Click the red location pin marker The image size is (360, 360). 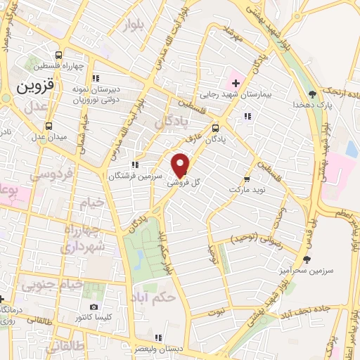pyautogui.click(x=181, y=165)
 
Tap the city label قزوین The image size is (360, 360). pyautogui.click(x=34, y=89)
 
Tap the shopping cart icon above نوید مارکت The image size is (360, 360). pyautogui.click(x=246, y=179)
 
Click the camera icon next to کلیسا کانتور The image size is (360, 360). pyautogui.click(x=94, y=308)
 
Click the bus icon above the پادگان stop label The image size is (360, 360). pyautogui.click(x=215, y=128)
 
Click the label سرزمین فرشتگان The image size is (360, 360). pyautogui.click(x=136, y=175)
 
